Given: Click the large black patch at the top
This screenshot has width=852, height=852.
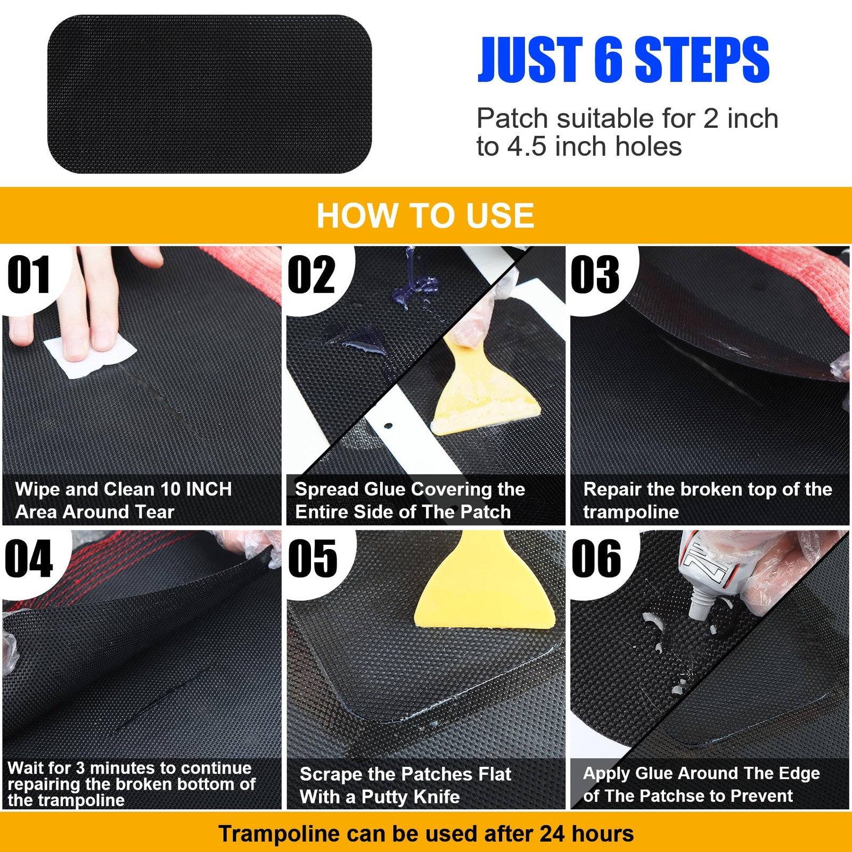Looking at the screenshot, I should point(209,94).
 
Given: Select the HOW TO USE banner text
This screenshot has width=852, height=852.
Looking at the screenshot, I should point(425,216).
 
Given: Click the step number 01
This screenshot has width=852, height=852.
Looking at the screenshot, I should point(29,275).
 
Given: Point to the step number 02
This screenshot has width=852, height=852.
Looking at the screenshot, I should point(312,275).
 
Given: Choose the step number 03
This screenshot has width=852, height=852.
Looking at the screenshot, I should point(595,275).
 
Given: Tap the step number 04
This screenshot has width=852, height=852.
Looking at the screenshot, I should point(29,559).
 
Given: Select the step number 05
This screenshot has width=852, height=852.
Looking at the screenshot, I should point(313,559).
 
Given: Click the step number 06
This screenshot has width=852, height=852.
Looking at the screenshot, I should point(596,559).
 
